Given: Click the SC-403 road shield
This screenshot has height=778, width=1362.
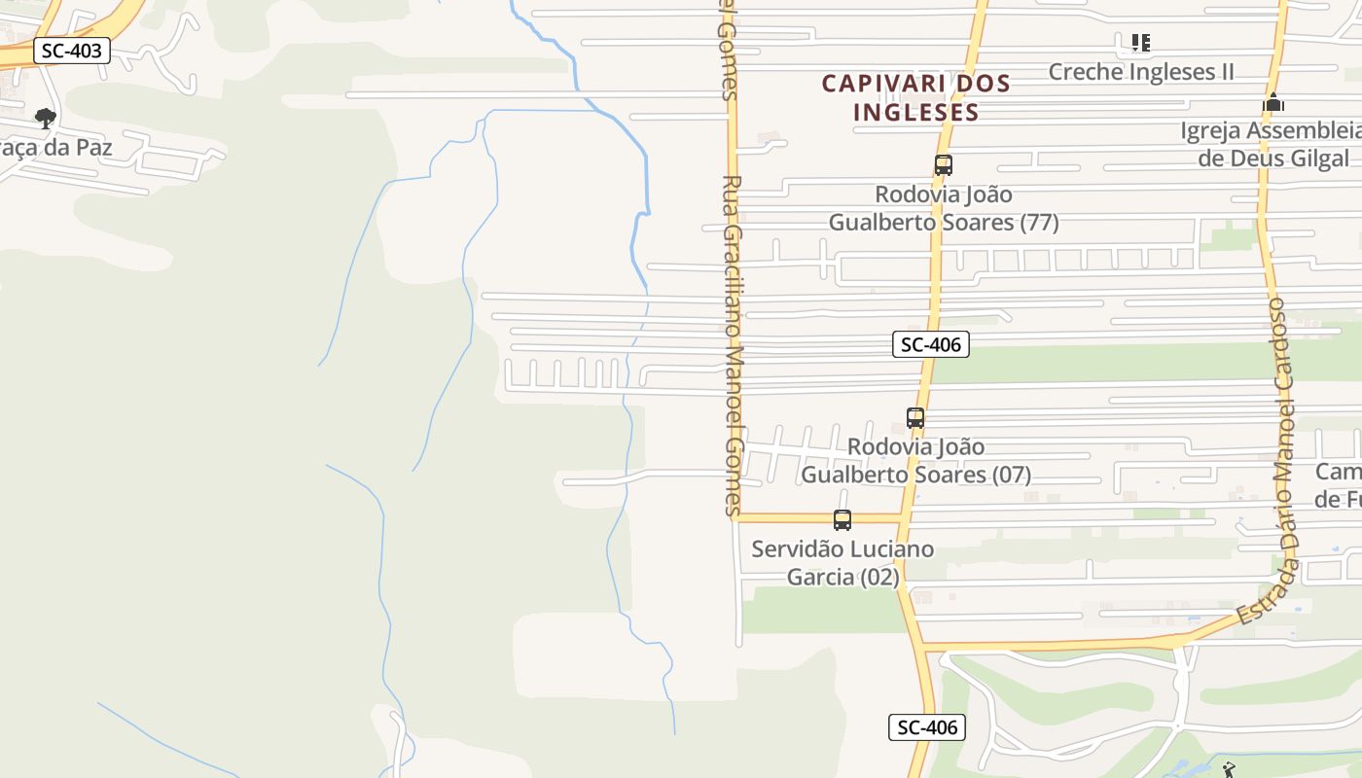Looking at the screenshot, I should coord(71,51).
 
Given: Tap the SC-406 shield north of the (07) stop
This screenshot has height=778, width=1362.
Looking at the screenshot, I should coord(930,343).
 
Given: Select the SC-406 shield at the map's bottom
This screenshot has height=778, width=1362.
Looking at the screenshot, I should coord(926,727).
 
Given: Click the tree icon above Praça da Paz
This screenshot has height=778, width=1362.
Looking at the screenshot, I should coord(45,119).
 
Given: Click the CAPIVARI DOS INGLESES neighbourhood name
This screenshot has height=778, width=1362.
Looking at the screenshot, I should coord(915,97).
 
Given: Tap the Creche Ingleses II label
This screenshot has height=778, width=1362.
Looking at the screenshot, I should coord(1140,71).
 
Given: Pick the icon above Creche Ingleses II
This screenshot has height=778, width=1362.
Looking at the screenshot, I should coord(1140,43).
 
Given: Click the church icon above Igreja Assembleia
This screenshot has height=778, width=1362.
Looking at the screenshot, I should coord(1272,103).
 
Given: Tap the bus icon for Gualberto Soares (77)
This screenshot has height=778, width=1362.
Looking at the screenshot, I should coord(943,165).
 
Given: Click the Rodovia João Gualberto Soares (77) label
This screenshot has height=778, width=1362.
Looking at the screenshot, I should coord(943,208).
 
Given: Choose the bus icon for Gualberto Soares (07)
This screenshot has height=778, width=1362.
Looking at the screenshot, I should coord(914,418).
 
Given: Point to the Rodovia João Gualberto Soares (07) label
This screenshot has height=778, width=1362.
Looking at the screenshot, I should coord(915,461).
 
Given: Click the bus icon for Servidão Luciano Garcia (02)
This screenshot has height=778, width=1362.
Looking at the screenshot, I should coord(842,520).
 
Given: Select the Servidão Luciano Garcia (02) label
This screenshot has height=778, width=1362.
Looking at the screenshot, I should coord(842,563).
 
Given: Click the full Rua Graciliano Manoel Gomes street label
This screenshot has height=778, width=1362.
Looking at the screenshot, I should coord(734,345).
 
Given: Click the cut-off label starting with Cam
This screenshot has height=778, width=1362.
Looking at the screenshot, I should coord(1339,485).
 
